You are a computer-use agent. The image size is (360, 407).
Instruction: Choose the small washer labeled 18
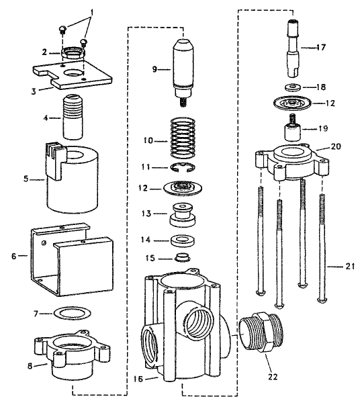coord(294,88)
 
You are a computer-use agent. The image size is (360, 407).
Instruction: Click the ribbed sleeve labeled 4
coord(72,115)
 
